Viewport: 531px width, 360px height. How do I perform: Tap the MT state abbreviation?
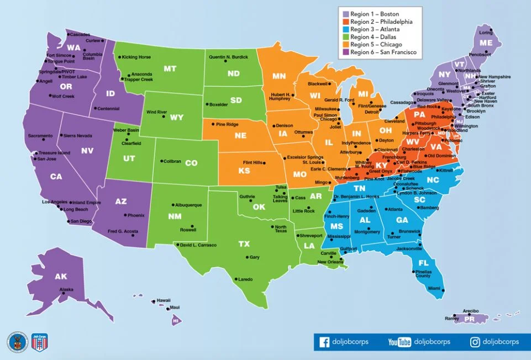pyautogui.click(x=170, y=69)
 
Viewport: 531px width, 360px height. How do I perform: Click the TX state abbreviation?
pyautogui.click(x=244, y=243)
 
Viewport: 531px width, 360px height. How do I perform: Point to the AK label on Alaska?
pyautogui.click(x=61, y=277)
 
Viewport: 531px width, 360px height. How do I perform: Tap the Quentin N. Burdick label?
pyautogui.click(x=228, y=57)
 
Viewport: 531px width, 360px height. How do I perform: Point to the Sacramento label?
pyautogui.click(x=41, y=135)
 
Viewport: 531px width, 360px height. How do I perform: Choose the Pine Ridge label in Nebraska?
pyautogui.click(x=227, y=124)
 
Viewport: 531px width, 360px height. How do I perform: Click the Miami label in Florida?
pyautogui.click(x=435, y=288)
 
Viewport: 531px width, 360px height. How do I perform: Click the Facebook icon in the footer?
pyautogui.click(x=324, y=342)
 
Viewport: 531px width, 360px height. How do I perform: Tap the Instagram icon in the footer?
pyautogui.click(x=475, y=342)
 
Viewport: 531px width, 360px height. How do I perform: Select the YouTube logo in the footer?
pyautogui.click(x=399, y=342)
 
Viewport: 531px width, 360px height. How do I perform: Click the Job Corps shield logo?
pyautogui.click(x=38, y=342)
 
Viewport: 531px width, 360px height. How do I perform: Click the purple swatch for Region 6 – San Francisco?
pyautogui.click(x=345, y=52)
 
